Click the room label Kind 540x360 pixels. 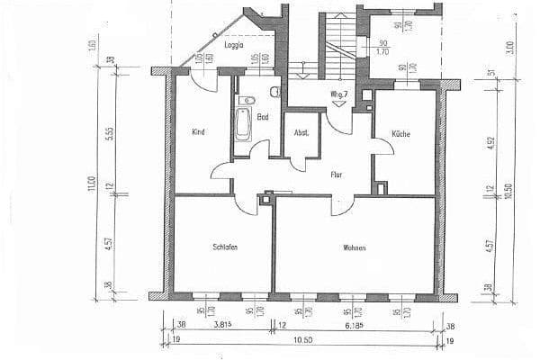pos(198,132)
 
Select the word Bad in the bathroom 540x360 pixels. pos(263,117)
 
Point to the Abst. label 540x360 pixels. pos(301,132)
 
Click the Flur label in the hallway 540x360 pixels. pos(337,175)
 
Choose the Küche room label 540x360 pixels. pos(400,134)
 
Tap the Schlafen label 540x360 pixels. pos(225,247)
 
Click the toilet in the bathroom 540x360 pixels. pos(253,97)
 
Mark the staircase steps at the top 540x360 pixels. pos(340,40)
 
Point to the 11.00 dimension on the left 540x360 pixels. pos(91,184)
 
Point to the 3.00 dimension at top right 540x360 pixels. pos(509,45)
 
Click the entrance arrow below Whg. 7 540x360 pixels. pos(338,103)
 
